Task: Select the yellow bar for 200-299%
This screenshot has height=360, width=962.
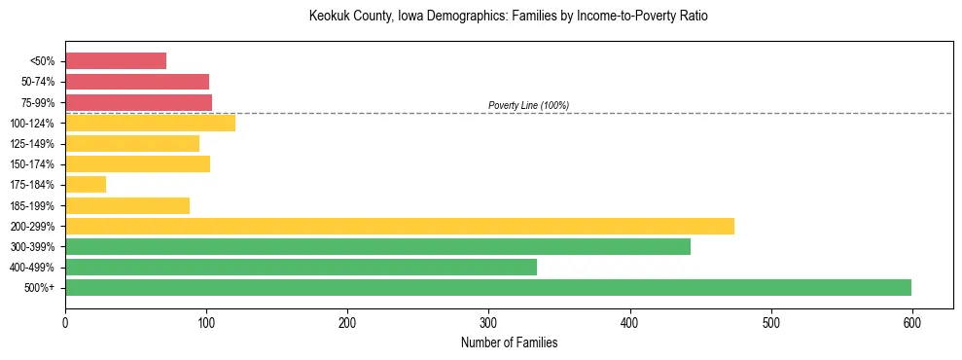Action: tap(400, 226)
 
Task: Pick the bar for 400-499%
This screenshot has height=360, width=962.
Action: tap(301, 267)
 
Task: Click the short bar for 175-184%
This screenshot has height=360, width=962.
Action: tap(86, 184)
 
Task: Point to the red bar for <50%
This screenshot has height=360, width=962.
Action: tap(116, 61)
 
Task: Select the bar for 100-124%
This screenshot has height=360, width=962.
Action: tap(150, 123)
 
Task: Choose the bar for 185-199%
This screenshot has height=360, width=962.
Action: tap(127, 205)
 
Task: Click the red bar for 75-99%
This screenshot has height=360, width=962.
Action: tap(138, 102)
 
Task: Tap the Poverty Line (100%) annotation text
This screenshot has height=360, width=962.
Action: tap(528, 105)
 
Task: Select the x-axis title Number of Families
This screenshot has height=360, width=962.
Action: tap(509, 342)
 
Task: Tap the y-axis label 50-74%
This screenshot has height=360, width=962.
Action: tap(38, 82)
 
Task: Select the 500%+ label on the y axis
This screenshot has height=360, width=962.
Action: tap(40, 288)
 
